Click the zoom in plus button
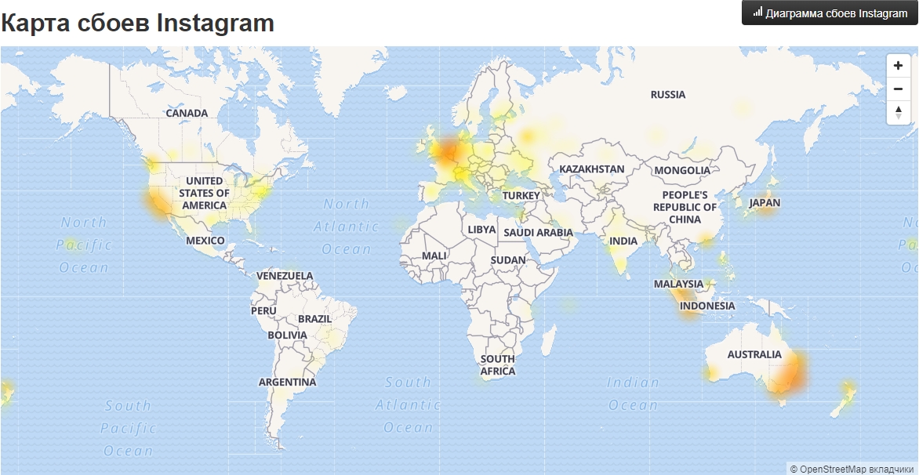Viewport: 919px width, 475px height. tap(898, 67)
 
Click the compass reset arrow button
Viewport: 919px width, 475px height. tap(898, 112)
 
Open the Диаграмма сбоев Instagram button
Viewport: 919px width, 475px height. tap(830, 13)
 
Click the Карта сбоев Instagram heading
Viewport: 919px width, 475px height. tap(138, 23)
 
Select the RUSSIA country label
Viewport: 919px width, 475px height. tap(668, 95)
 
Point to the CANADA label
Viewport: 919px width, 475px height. tap(187, 113)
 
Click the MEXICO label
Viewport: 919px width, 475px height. tap(205, 241)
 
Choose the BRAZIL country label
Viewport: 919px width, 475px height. tap(314, 319)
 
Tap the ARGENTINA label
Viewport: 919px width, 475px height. tap(288, 383)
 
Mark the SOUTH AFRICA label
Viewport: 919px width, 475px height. tap(498, 364)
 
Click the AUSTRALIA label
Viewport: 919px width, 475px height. tap(754, 354)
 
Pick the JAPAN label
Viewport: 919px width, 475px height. tap(765, 202)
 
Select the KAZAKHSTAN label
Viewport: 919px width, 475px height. tap(592, 169)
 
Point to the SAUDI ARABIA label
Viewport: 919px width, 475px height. tap(538, 233)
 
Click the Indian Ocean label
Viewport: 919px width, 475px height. tap(634, 393)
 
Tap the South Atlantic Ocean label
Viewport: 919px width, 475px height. tap(408, 404)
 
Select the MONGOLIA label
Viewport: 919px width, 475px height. tap(682, 170)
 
